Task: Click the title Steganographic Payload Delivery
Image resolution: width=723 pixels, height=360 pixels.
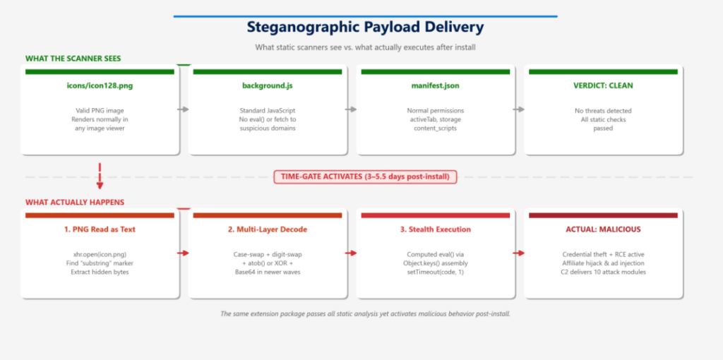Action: tap(365, 28)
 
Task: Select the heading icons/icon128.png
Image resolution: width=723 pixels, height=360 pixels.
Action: tap(100, 85)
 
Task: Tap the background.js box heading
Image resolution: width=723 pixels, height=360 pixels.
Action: tap(268, 85)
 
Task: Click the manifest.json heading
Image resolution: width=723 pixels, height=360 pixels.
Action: tap(435, 85)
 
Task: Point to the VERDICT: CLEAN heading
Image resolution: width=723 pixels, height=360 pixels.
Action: tap(603, 85)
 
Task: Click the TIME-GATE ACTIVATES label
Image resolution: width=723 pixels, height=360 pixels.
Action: tap(365, 176)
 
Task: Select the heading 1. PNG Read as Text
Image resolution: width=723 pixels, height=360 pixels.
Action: tap(100, 229)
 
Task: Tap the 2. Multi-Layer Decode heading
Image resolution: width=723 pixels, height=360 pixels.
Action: tap(268, 229)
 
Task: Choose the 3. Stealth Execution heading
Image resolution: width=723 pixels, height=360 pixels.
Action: tap(435, 229)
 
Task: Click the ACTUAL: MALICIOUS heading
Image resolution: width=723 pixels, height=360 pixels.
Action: tap(603, 229)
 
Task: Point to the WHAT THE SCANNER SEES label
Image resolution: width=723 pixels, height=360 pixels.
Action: tap(73, 59)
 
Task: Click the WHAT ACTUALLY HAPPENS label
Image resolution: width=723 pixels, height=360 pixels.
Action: tap(75, 203)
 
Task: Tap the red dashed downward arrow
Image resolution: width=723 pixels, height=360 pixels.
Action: tap(100, 176)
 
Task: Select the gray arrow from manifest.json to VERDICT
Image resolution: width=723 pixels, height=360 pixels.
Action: tap(519, 109)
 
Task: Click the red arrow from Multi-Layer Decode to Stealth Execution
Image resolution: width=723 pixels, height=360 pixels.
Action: tap(351, 253)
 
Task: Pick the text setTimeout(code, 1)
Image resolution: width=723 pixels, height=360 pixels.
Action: tap(435, 272)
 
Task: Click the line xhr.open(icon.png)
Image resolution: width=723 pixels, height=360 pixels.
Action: tap(100, 254)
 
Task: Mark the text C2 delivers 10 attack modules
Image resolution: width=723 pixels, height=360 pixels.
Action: tap(603, 272)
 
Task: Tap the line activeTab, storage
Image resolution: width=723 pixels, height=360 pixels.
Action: tap(435, 120)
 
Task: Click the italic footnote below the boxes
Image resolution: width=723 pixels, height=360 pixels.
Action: tap(365, 314)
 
